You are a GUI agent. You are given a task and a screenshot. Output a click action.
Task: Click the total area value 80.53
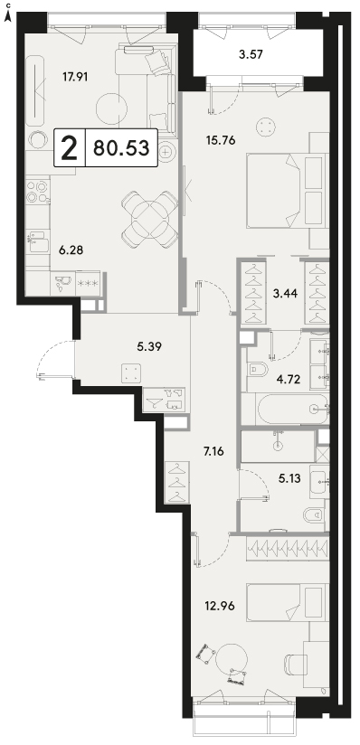coord(121,148)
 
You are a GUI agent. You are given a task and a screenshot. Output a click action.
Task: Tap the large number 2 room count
coord(70,148)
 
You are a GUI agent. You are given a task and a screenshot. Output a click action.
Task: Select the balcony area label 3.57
coord(251,53)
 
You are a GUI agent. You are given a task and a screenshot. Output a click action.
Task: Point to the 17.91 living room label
coord(75,76)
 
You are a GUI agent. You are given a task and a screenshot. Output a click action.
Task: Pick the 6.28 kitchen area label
coord(71,250)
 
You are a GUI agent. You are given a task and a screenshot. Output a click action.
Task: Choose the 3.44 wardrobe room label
coord(285,294)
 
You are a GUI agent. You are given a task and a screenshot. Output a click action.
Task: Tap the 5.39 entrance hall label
coord(149,347)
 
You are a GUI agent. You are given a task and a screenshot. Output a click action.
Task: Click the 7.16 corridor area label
coord(213,451)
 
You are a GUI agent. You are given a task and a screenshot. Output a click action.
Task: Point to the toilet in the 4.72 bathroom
coord(258,370)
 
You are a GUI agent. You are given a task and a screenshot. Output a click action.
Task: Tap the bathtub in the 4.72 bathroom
coord(292,409)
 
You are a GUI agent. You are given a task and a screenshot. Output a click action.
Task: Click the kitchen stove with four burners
coord(38,191)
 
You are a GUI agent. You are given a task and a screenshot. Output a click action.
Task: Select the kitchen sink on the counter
coord(38,241)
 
